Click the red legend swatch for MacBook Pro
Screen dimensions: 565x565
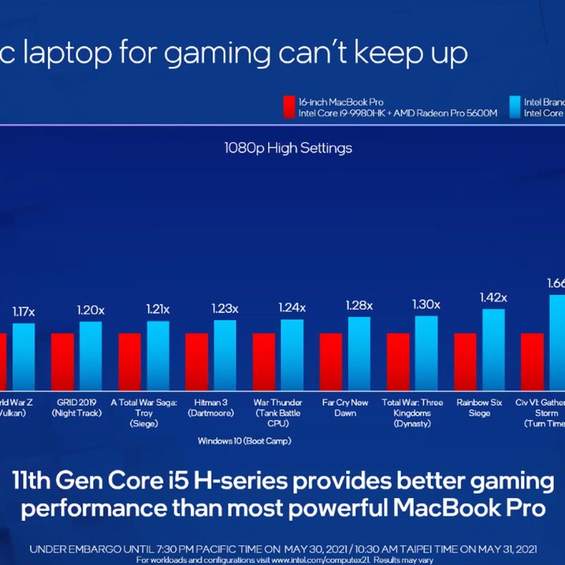(x=289, y=107)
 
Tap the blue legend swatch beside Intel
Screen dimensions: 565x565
(x=514, y=107)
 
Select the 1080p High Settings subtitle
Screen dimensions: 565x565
(x=288, y=148)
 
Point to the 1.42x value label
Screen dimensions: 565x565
(x=493, y=297)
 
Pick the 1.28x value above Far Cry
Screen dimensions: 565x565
(x=359, y=305)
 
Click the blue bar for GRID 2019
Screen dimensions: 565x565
(x=90, y=355)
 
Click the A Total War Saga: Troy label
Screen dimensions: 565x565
(x=145, y=413)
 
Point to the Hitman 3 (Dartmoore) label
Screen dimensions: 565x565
(x=212, y=407)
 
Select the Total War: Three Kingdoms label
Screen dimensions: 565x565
(x=412, y=413)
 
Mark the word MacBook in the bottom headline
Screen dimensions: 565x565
(x=433, y=508)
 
